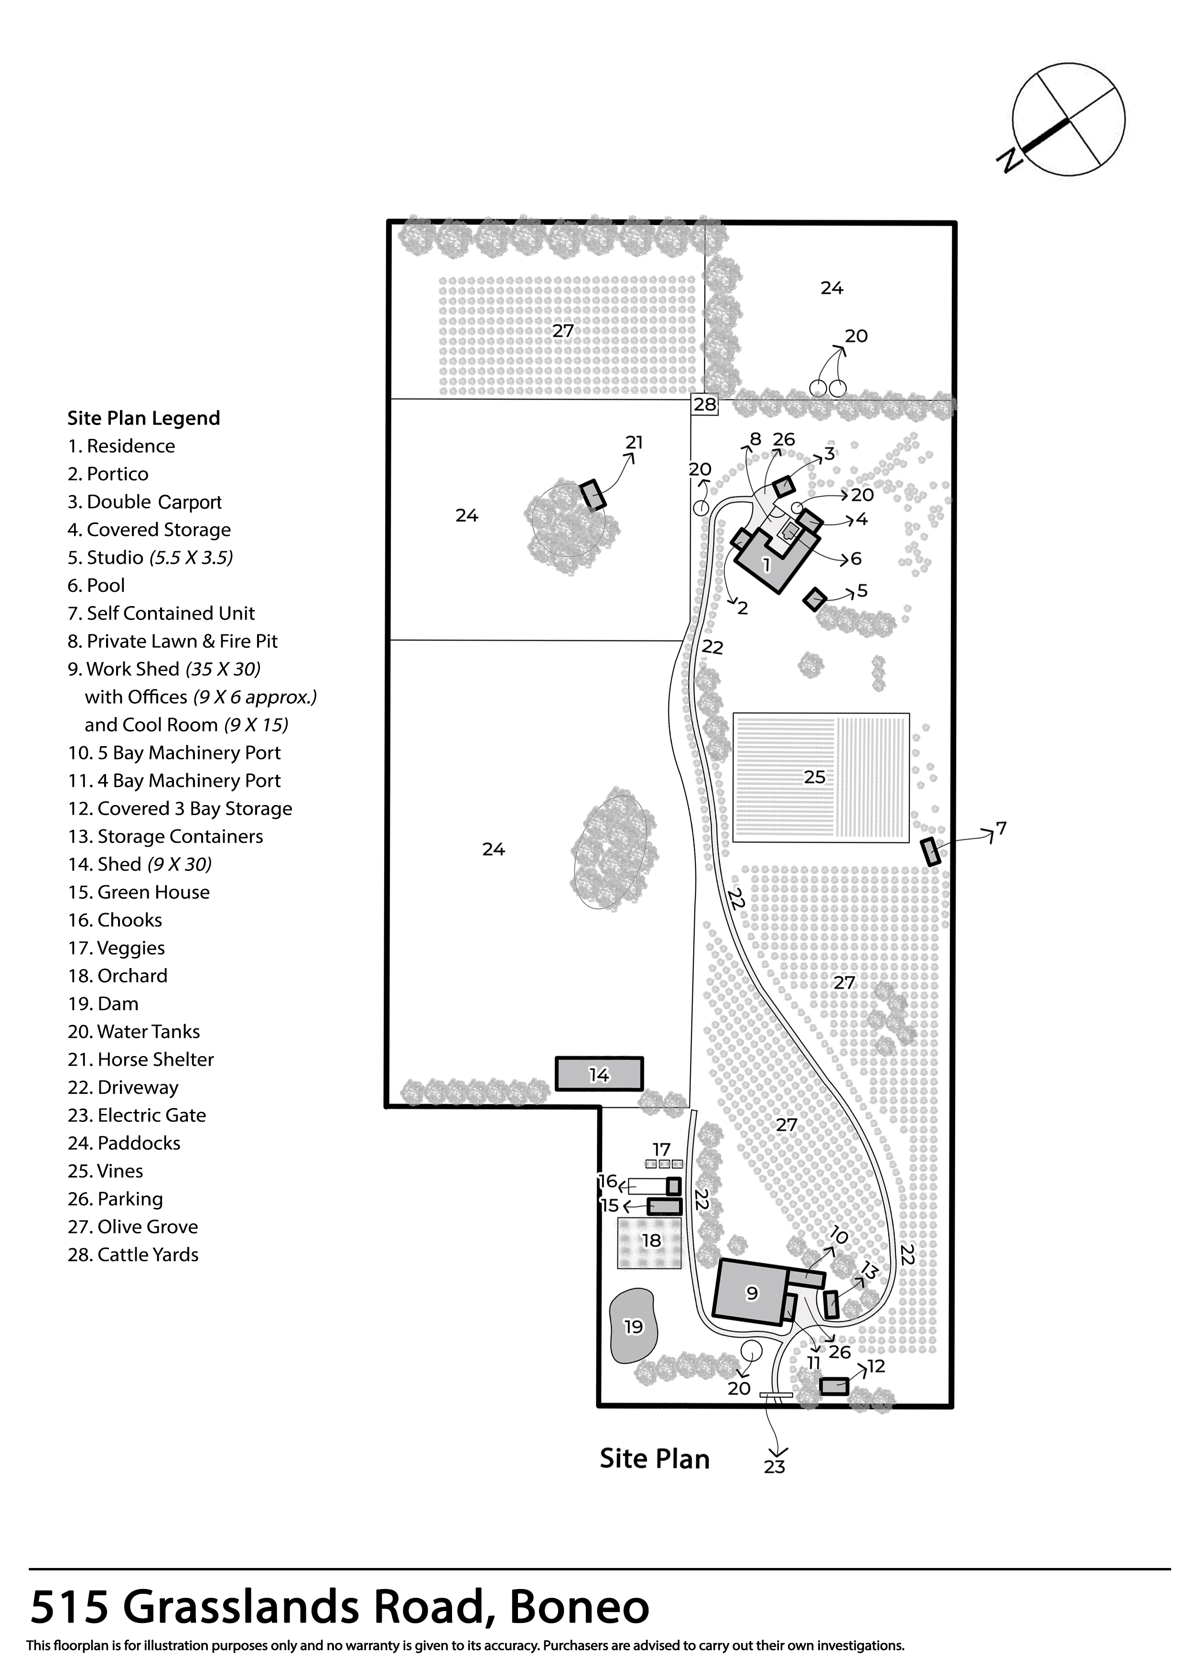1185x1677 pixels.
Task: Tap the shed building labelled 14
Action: tap(599, 1074)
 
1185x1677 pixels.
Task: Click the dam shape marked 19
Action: tap(632, 1326)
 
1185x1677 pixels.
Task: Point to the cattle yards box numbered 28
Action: tap(705, 404)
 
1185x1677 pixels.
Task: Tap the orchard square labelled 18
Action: tap(650, 1241)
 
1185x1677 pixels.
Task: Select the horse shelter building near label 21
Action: tap(593, 494)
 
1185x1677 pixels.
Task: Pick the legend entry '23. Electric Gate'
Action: tap(137, 1115)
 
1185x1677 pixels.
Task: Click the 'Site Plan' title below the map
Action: tap(654, 1459)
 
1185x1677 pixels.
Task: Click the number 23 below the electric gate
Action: tap(774, 1466)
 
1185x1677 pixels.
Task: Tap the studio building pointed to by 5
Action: tap(814, 599)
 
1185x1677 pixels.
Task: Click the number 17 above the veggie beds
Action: tap(661, 1149)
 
